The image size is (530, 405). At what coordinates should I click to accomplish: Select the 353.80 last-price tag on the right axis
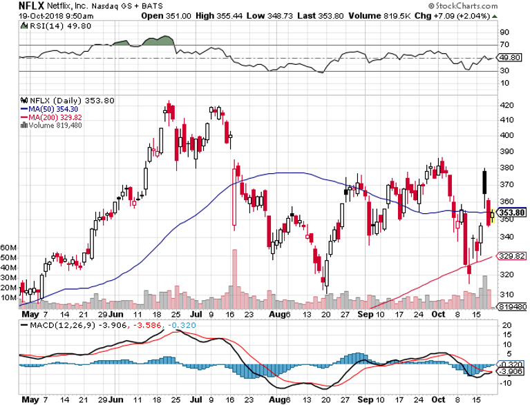[513, 213]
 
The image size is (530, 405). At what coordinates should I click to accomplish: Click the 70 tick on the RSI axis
[505, 45]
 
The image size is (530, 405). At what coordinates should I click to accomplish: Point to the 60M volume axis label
[8, 246]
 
